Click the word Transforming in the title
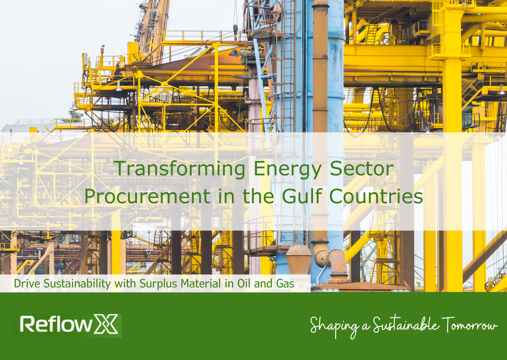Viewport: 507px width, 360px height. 180,169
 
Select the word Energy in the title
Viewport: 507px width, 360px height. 287,169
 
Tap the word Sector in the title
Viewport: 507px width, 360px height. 361,169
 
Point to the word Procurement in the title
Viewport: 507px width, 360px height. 147,196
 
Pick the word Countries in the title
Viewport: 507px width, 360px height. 376,196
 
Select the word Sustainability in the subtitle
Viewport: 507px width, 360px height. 77,284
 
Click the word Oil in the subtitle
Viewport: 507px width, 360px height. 244,284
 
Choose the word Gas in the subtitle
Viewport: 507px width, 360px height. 285,284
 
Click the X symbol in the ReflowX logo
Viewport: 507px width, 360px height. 106,324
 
